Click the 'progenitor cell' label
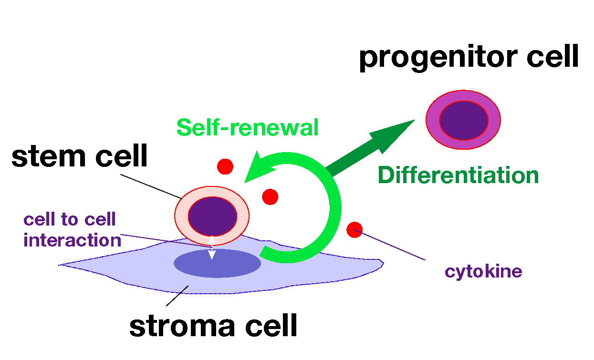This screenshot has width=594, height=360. tap(469, 58)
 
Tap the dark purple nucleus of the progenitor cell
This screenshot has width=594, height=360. tap(464, 120)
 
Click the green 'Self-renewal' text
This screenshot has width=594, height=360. tap(248, 127)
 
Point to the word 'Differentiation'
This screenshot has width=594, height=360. tap(458, 175)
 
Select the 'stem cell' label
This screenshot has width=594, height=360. tap(79, 156)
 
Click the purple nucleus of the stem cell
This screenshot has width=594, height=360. tap(212, 216)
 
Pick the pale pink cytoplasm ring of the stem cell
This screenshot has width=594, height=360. tap(180, 216)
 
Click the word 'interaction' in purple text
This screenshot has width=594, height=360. tap(73, 240)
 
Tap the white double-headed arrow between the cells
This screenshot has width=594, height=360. tap(212, 247)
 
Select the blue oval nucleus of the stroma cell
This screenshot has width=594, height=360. tap(217, 263)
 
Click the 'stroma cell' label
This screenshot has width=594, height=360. tap(213, 325)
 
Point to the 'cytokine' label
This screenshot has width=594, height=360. tap(483, 272)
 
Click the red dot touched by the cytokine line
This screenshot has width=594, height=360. tap(354, 230)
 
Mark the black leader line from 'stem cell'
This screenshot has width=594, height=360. tap(151, 186)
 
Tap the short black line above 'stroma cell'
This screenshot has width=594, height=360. tap(177, 296)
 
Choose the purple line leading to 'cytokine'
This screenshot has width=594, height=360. tap(389, 245)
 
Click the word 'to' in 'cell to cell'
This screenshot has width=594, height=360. tap(70, 219)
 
